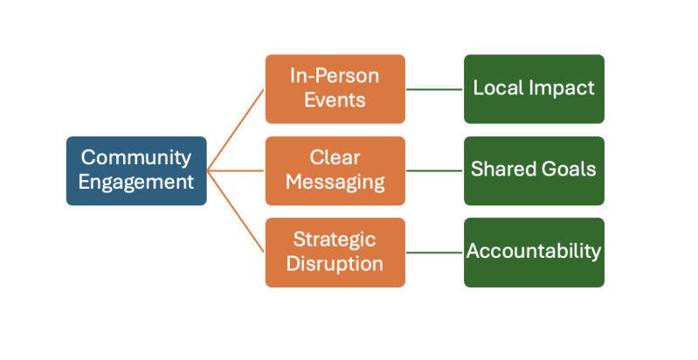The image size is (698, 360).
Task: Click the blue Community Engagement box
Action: [136, 170]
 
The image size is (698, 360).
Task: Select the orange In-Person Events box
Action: [335, 88]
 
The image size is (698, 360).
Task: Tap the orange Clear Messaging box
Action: [335, 170]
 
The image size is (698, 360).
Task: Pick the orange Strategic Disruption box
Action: [335, 252]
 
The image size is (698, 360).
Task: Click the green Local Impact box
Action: [534, 88]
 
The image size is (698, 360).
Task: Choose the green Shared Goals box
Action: [534, 170]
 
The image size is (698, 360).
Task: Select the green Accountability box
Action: [534, 252]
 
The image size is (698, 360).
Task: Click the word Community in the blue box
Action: [136, 158]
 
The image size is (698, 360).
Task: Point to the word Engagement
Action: [136, 183]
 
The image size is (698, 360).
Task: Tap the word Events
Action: [335, 100]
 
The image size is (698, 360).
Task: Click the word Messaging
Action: [335, 183]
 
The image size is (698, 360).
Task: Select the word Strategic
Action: [335, 239]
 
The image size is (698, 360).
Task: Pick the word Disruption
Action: [335, 264]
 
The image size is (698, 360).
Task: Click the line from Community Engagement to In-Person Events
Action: [236, 129]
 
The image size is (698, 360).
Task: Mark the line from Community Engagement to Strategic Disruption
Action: [236, 211]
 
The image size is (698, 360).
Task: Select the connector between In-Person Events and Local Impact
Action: [434, 89]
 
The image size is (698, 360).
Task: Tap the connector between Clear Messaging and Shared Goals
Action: [434, 170]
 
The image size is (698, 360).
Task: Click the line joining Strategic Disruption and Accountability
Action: [434, 253]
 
